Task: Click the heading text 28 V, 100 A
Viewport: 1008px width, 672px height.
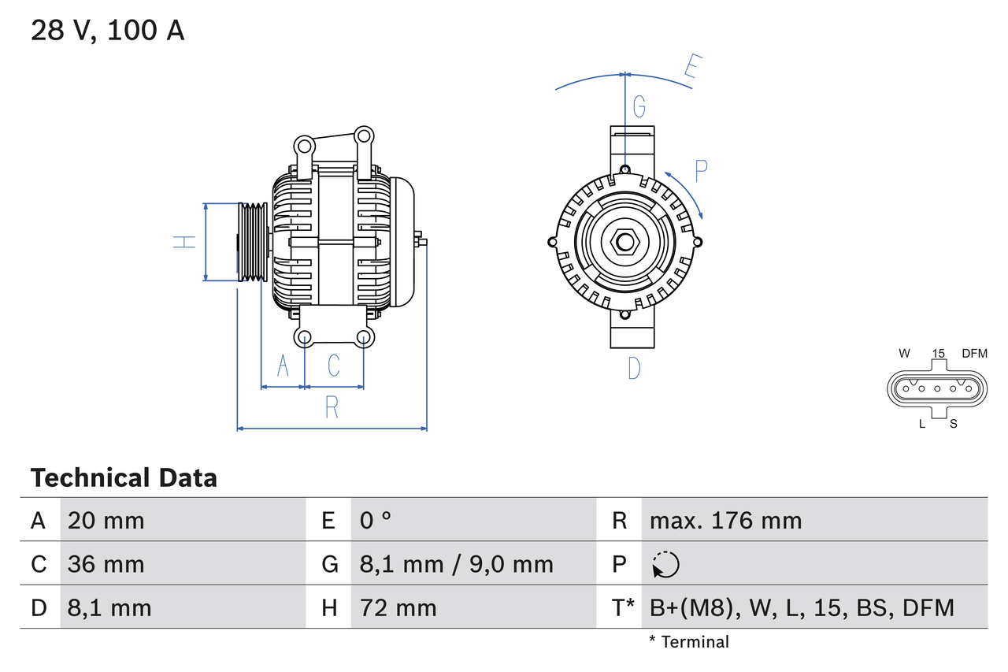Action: click(x=107, y=31)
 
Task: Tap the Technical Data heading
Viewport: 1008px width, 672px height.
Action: click(x=123, y=478)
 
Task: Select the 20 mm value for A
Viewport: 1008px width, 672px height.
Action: click(x=106, y=521)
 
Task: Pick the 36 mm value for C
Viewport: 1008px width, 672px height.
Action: click(x=106, y=564)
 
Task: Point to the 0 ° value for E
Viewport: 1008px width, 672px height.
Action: click(x=376, y=521)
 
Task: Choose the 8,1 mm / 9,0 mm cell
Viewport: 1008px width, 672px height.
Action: click(x=456, y=564)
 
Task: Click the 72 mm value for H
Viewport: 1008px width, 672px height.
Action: click(x=398, y=607)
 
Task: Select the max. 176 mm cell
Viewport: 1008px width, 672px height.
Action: click(x=725, y=521)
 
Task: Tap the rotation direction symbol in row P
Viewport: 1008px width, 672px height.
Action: click(x=665, y=564)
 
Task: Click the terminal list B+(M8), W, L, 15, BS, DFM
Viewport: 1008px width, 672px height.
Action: click(x=802, y=607)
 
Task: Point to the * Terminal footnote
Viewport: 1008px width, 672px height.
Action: click(x=689, y=642)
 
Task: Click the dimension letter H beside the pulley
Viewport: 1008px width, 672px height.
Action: click(x=183, y=242)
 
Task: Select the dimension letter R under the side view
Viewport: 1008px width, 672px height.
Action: click(x=332, y=407)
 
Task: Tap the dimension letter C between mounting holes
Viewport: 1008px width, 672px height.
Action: click(x=334, y=366)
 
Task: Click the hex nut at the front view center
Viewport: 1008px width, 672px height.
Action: click(x=624, y=242)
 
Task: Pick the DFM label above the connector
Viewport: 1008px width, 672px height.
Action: click(x=974, y=354)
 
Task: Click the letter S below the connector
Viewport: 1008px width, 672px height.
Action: click(x=953, y=424)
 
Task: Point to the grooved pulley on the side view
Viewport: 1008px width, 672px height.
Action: click(x=253, y=242)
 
